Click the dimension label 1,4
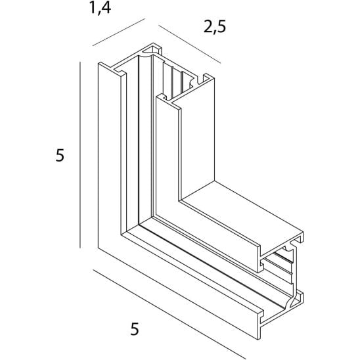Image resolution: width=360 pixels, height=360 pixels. click(x=100, y=9)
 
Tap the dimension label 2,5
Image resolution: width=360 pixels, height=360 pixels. click(x=215, y=27)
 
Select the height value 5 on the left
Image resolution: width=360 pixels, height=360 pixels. click(x=60, y=155)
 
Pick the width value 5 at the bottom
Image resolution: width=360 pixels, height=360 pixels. click(x=135, y=328)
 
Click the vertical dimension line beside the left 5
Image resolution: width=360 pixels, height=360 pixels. click(x=80, y=155)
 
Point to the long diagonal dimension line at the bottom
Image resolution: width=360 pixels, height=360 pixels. click(x=169, y=314)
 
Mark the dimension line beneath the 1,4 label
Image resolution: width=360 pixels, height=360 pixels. click(x=119, y=32)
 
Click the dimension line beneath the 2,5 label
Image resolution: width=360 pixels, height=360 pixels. click(x=190, y=44)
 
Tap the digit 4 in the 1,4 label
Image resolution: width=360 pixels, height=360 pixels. click(x=106, y=7)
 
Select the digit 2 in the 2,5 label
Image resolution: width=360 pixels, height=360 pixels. click(x=208, y=26)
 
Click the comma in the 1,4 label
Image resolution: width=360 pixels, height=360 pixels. click(x=99, y=13)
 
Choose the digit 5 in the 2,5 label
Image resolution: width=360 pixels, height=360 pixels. click(x=222, y=26)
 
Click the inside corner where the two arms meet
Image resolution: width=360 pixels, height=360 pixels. click(x=180, y=201)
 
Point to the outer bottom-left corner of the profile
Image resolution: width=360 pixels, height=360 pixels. click(x=99, y=248)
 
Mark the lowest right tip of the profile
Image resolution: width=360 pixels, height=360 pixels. click(x=259, y=339)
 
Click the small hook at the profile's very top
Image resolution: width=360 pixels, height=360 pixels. click(x=153, y=49)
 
